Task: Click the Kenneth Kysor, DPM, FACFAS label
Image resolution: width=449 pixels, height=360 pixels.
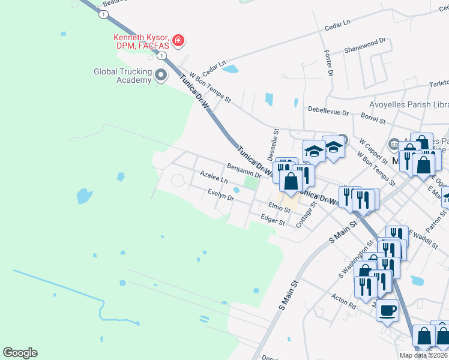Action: coord(141,41)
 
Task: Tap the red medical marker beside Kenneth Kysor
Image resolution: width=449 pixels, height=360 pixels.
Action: coord(178,41)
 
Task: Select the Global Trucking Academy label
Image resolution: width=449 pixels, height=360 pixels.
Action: coord(122,76)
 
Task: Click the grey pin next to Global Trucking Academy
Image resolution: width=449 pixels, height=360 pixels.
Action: coord(161,75)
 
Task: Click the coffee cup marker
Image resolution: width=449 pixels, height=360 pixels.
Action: coord(387,310)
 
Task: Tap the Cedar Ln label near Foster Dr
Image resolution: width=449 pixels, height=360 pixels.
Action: coord(337,25)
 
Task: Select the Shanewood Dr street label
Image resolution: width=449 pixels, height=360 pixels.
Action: coord(365,45)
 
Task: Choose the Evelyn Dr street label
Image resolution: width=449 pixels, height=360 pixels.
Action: coord(220,194)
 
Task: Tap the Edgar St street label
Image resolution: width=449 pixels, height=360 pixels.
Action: coord(273,221)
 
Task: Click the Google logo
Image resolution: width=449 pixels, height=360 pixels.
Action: coord(20,353)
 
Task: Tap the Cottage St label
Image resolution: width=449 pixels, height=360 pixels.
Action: coord(307,214)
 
